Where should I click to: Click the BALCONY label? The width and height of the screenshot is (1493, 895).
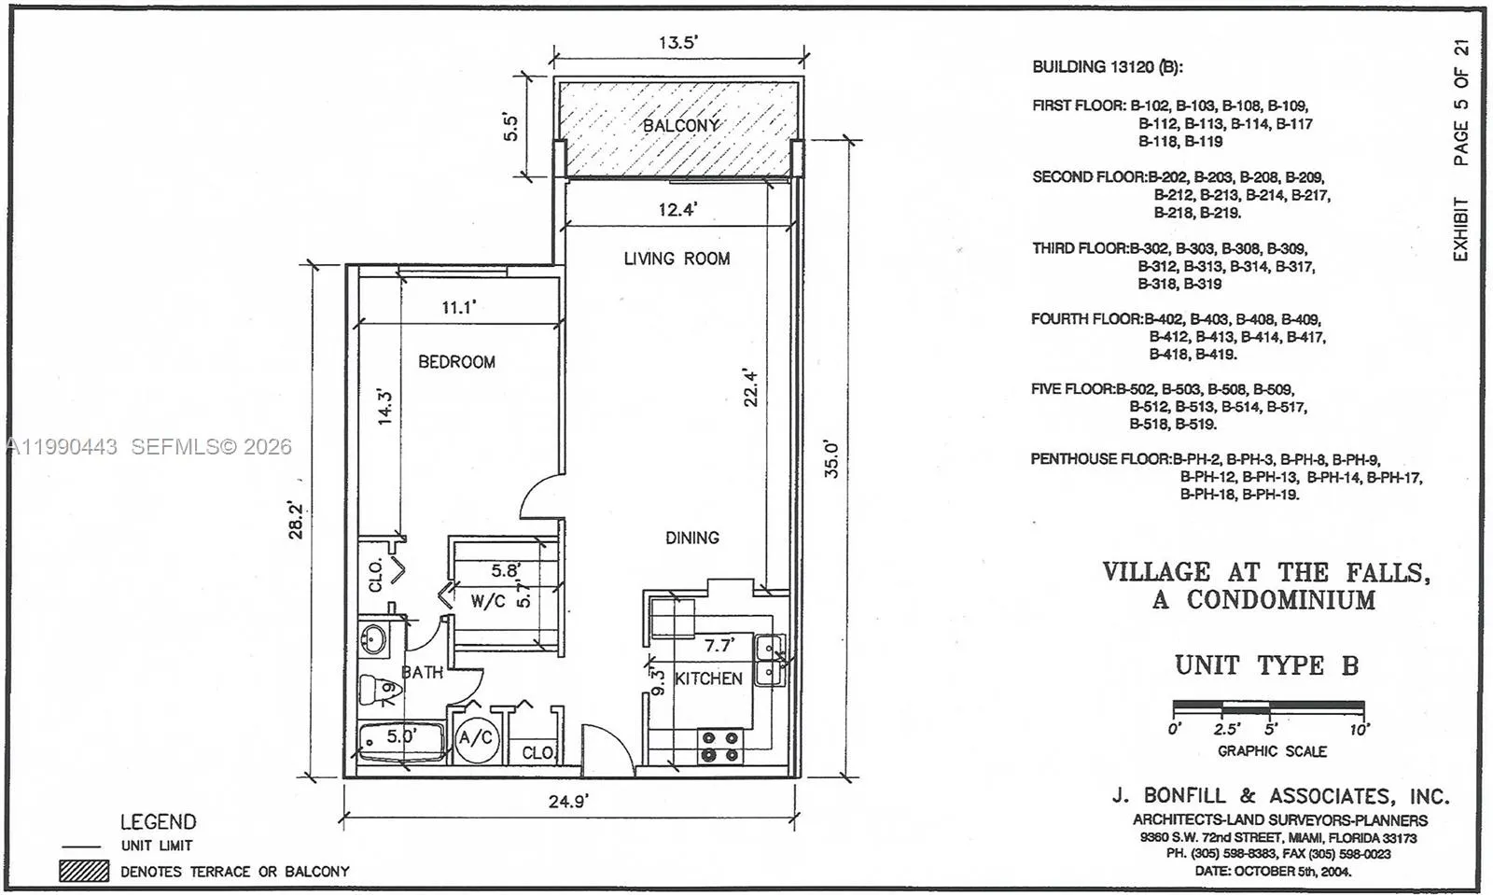point(680,125)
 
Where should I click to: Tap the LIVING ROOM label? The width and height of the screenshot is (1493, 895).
point(677,259)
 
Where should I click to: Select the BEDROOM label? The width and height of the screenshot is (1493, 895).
point(456,361)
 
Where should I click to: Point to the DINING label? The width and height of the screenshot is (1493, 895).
point(691,538)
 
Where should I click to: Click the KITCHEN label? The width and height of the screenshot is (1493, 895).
point(708,678)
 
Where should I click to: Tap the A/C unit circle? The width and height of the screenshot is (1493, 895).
point(476,738)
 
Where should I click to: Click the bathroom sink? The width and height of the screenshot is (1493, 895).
point(373,640)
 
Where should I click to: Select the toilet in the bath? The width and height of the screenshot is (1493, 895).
point(380,691)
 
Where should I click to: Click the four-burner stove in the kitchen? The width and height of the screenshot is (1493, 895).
point(719,747)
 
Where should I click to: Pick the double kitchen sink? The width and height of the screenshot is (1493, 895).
point(770,660)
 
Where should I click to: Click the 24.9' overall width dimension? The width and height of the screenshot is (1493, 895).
point(567,801)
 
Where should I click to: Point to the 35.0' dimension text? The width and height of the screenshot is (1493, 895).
point(831,459)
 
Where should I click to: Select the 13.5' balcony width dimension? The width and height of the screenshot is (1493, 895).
point(678,43)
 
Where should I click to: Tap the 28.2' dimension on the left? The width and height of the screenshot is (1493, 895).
point(296,520)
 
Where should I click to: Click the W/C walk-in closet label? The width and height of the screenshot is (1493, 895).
point(487,601)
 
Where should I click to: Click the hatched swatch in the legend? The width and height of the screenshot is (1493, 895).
point(84,871)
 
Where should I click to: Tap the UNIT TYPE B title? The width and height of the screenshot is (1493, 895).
point(1266,665)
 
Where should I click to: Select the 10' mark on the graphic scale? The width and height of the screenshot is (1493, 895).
point(1359,729)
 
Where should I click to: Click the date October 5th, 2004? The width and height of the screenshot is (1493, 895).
point(1273,871)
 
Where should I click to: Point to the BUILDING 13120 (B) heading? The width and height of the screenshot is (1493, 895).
point(1107,67)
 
